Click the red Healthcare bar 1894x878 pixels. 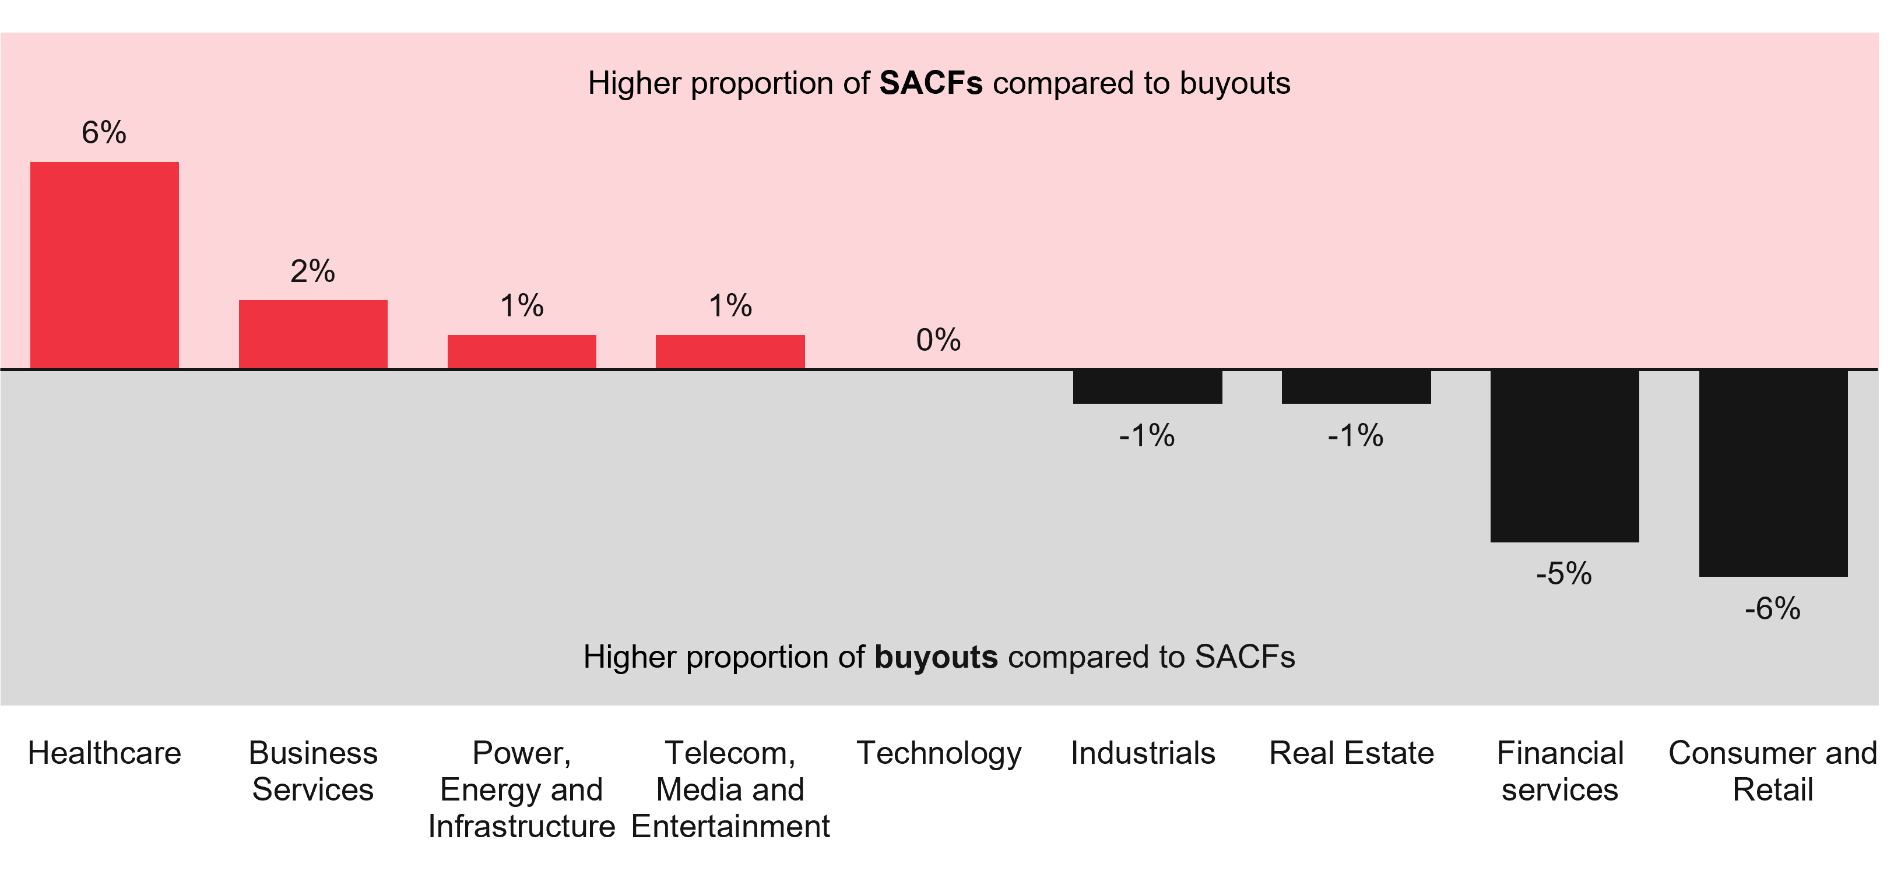[x=104, y=265]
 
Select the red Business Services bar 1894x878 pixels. [x=313, y=334]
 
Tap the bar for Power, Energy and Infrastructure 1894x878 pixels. [x=522, y=351]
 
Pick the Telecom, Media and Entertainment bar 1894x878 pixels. [x=730, y=351]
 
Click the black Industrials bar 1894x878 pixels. [x=1147, y=386]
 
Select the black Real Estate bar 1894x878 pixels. [x=1356, y=386]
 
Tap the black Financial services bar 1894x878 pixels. [x=1565, y=456]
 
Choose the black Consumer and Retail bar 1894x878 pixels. [x=1773, y=473]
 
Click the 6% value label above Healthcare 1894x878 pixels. [x=104, y=133]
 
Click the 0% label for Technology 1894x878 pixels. [x=938, y=340]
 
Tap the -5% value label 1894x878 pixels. [x=1564, y=574]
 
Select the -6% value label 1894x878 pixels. [x=1773, y=609]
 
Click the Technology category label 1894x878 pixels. [x=939, y=753]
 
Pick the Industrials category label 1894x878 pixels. [x=1143, y=753]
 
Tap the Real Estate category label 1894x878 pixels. [x=1351, y=753]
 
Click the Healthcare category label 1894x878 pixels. [x=104, y=753]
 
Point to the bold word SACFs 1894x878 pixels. [x=931, y=84]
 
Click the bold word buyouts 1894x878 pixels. [x=936, y=657]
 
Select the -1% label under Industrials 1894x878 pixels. [x=1147, y=436]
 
